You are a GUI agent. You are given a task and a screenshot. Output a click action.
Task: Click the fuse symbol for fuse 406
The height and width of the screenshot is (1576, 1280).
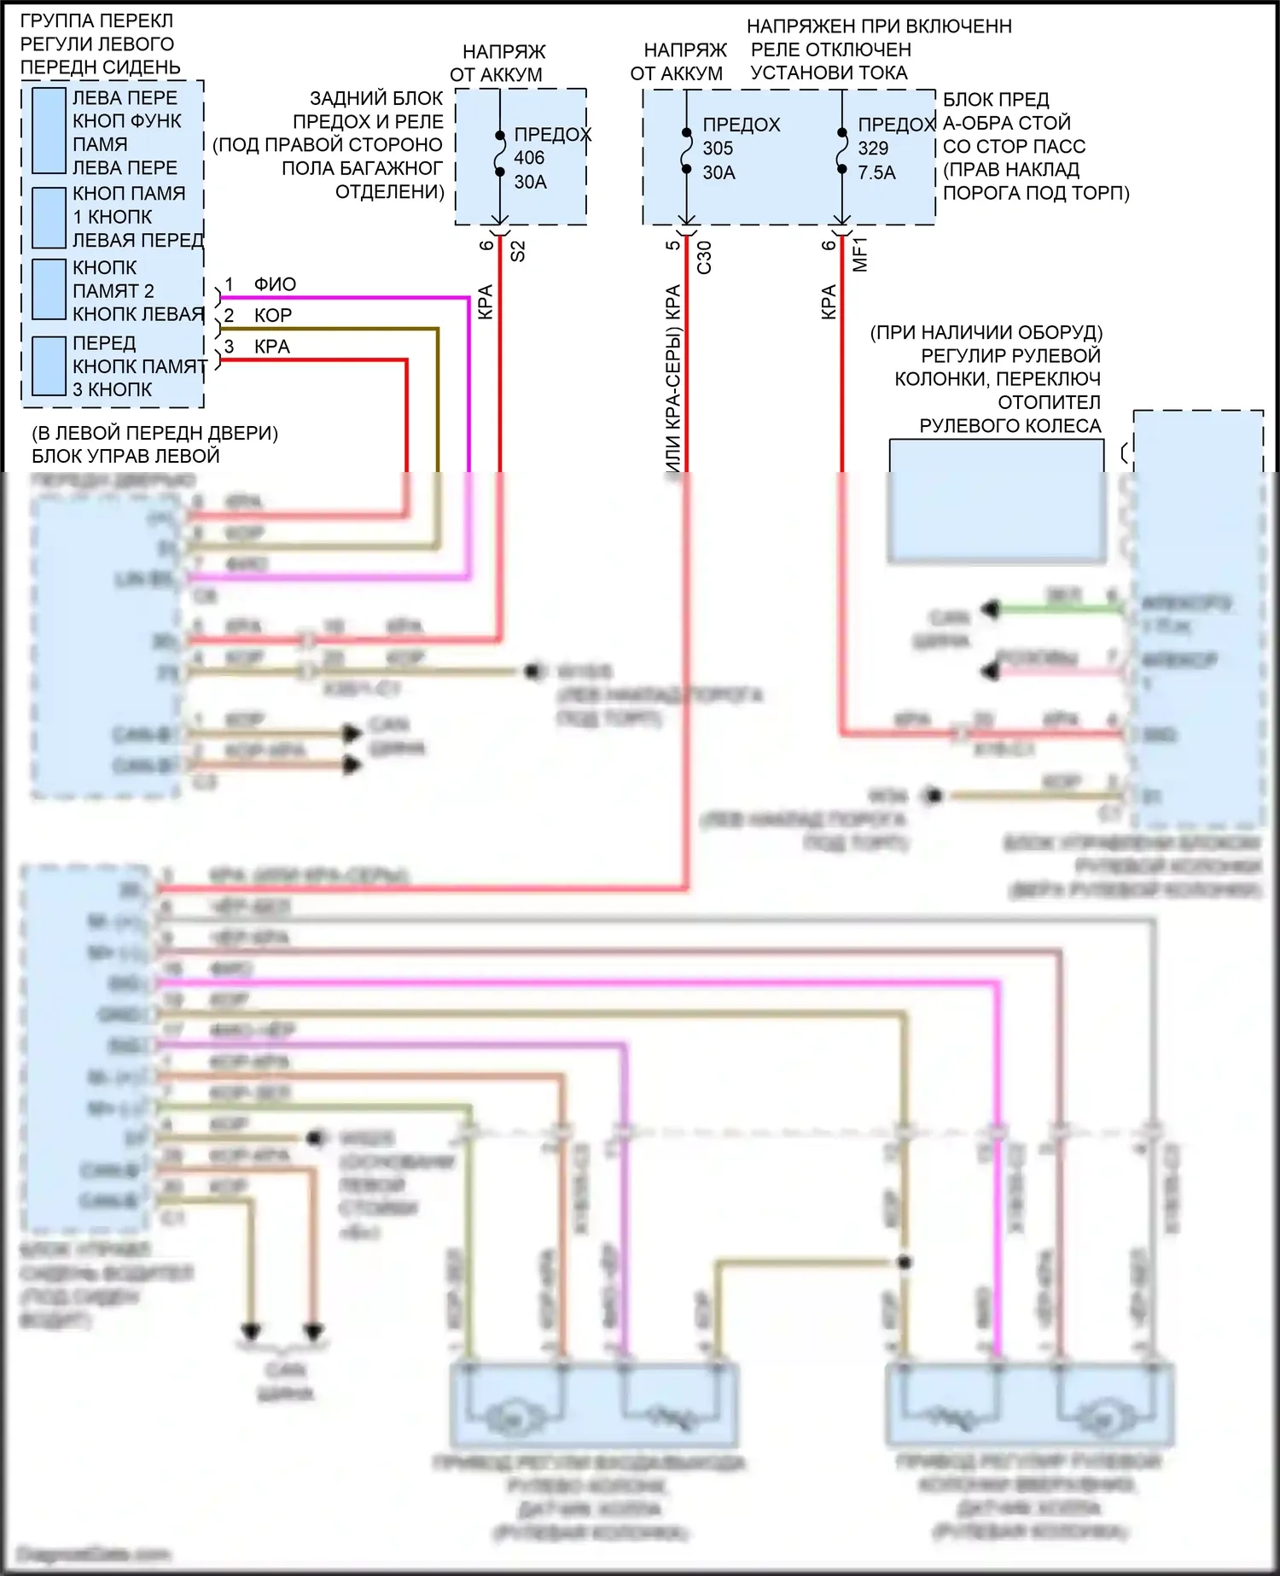(500, 154)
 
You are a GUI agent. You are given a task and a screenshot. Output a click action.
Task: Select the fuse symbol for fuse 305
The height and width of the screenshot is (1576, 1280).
(686, 152)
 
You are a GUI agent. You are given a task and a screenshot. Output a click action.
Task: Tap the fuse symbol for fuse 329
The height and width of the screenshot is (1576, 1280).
(842, 152)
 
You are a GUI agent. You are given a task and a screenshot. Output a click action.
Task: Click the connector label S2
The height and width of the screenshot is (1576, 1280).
(517, 251)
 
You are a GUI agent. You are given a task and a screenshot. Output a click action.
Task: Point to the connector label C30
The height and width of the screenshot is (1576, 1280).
(704, 257)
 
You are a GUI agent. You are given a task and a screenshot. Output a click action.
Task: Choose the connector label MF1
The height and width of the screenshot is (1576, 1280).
(860, 254)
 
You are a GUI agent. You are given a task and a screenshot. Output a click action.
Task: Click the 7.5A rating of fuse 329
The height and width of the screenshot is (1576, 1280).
(876, 172)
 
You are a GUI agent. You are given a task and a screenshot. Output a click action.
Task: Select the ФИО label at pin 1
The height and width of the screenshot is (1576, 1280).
(275, 284)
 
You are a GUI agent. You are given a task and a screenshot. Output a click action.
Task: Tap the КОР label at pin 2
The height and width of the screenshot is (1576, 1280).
(273, 315)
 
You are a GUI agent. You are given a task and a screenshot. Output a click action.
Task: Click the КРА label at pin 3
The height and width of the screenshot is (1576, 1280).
(272, 347)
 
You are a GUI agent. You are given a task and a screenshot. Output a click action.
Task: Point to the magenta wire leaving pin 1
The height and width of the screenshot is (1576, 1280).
(341, 298)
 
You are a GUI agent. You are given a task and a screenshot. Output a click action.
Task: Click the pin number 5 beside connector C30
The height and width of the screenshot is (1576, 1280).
(673, 245)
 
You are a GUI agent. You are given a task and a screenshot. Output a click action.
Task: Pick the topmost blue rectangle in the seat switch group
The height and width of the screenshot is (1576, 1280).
(49, 131)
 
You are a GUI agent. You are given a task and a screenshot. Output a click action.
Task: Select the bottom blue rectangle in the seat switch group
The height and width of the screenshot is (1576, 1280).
(49, 365)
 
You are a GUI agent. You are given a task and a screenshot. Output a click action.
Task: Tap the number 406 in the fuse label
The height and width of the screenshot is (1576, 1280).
(529, 158)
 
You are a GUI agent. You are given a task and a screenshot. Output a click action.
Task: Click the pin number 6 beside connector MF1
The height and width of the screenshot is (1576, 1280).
(829, 245)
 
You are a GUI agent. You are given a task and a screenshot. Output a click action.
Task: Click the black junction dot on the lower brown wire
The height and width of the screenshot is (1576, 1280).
(905, 1262)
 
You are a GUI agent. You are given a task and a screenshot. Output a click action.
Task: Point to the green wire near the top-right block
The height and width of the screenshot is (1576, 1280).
(1058, 609)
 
